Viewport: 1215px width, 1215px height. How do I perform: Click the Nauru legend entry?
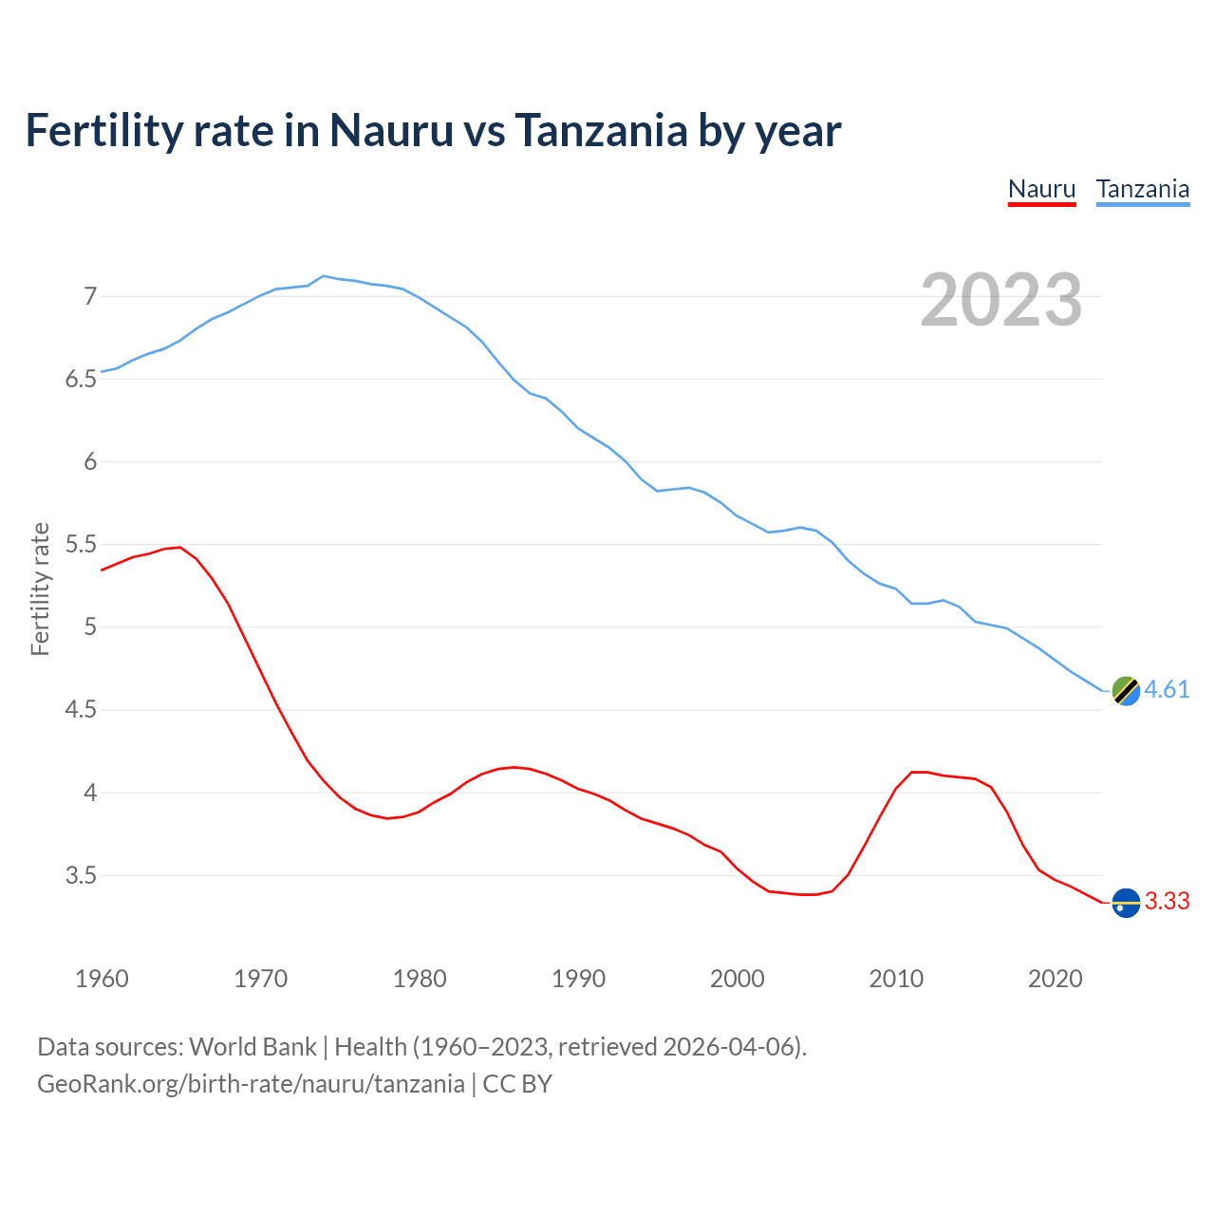click(1041, 189)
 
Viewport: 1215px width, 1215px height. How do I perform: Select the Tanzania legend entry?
click(1142, 189)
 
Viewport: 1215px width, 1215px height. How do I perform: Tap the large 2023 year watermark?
click(1000, 300)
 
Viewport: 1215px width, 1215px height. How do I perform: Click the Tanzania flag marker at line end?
click(1125, 691)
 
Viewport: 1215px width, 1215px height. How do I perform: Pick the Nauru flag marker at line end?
click(1125, 903)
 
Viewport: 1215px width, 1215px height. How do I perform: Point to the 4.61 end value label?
click(1167, 690)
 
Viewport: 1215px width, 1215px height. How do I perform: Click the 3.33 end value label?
click(1167, 902)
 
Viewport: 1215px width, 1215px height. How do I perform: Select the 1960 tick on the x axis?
click(102, 979)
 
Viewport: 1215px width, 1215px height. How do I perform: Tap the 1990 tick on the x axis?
click(578, 979)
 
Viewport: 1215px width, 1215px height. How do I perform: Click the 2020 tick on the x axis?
click(1055, 979)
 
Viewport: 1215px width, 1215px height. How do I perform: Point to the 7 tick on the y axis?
click(90, 297)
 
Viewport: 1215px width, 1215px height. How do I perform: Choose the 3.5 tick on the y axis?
click(82, 875)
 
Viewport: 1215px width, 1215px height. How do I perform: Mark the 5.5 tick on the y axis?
click(82, 545)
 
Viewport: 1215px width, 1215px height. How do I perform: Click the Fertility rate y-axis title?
click(40, 589)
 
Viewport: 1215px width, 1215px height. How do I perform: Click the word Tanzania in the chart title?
click(601, 131)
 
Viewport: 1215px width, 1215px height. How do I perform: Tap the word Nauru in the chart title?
click(391, 131)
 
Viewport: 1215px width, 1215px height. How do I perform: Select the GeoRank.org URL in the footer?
click(251, 1084)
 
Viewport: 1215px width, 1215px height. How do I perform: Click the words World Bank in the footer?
click(252, 1047)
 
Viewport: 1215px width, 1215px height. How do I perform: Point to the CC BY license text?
click(517, 1084)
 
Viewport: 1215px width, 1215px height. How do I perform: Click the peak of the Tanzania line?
click(324, 276)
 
